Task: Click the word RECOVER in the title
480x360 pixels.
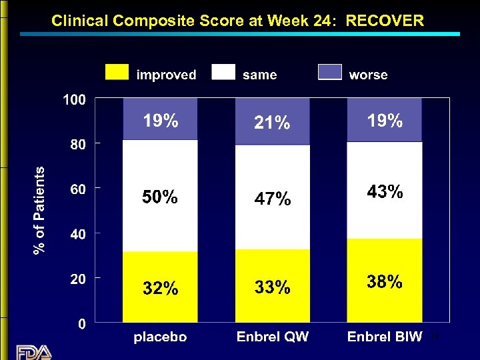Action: coord(385,21)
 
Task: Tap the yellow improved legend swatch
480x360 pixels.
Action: coord(117,72)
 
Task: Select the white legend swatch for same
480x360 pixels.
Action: coord(223,72)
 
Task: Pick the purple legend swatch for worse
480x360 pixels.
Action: coord(330,72)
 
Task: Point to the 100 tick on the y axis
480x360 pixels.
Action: coord(74,100)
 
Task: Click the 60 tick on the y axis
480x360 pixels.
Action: coord(78,189)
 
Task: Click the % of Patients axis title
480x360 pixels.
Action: coord(40,210)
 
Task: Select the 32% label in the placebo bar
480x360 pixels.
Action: coord(160,289)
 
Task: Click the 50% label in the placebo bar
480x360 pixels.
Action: coord(160,197)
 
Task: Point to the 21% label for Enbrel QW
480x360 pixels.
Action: coord(272,123)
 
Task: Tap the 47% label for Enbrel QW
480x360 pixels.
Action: coord(272,199)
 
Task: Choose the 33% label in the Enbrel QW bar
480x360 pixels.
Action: coord(272,287)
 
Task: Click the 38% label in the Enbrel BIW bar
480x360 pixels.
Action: coord(385,283)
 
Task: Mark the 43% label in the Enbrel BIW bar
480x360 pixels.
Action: coord(385,192)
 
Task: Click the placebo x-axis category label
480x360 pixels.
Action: coord(160,337)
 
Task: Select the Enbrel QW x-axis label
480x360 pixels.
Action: coord(273,337)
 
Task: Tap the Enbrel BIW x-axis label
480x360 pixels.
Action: coord(385,337)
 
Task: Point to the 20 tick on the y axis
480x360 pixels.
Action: coord(78,279)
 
